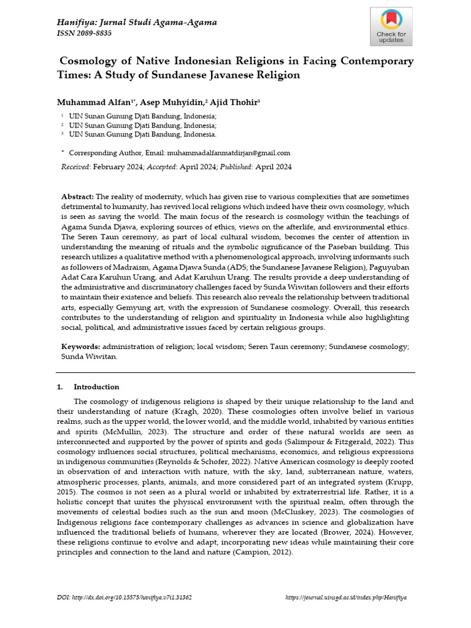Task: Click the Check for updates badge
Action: point(391,27)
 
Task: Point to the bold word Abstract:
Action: point(77,196)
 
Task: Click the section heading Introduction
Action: point(96,387)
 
